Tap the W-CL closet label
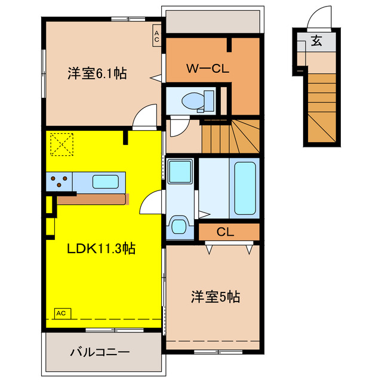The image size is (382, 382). [x=207, y=69]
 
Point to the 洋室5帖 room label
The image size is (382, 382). [x=215, y=297]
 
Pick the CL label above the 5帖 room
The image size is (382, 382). [x=225, y=232]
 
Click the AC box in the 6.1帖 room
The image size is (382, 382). [x=156, y=35]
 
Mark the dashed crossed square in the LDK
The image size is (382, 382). [x=61, y=143]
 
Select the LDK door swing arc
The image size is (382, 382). [x=150, y=203]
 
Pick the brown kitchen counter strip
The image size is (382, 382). [x=93, y=199]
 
